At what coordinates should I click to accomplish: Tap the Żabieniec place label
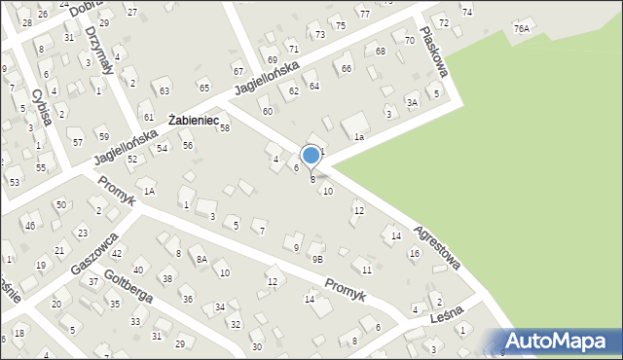pos(198,120)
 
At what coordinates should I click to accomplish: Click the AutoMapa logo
pos(559,341)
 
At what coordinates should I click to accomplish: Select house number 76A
pos(522,29)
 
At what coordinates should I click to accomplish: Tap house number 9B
pos(317,260)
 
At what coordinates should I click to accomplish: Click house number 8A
pos(202,260)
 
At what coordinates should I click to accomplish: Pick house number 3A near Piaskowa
pos(412,102)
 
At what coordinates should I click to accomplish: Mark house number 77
pos(364,14)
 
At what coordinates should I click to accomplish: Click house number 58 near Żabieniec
pos(224,128)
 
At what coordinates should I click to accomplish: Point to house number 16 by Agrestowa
pos(414,254)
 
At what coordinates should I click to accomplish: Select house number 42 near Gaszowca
pos(116,253)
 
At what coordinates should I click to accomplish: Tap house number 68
pos(381,51)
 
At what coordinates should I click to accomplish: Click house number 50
pos(60,204)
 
